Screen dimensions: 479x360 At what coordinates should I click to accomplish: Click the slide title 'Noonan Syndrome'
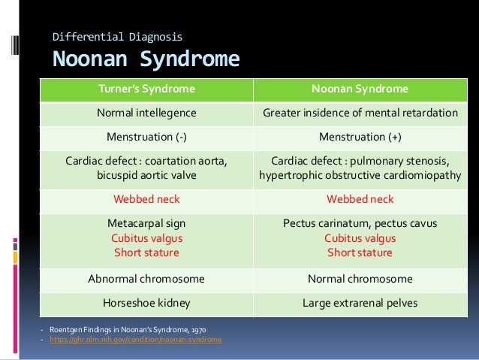click(145, 59)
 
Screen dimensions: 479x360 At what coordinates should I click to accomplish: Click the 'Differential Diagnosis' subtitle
click(116, 35)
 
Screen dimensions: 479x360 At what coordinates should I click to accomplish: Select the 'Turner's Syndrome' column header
click(146, 89)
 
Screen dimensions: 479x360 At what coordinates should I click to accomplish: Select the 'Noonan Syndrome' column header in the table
click(360, 89)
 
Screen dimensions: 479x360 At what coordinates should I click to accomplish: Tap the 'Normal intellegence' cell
click(146, 113)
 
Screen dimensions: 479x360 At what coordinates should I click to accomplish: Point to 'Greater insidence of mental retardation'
click(360, 113)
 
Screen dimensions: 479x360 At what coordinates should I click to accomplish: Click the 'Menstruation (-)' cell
click(146, 138)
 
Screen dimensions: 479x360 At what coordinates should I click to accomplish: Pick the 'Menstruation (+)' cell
click(360, 138)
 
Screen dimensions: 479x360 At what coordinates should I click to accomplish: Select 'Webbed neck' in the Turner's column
click(146, 199)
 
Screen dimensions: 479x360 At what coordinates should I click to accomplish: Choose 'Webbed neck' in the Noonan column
click(360, 199)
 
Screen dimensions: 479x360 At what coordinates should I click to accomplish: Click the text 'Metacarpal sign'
click(146, 223)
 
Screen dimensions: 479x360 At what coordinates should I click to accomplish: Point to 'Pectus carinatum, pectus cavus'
click(360, 223)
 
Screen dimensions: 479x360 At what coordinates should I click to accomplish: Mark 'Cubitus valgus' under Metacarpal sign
click(146, 237)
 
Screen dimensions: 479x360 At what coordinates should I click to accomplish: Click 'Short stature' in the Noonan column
click(360, 253)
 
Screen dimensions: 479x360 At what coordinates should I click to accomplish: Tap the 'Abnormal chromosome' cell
click(146, 279)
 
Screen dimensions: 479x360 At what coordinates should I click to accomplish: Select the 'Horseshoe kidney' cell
click(146, 304)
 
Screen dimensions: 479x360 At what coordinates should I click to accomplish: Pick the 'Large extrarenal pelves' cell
click(360, 304)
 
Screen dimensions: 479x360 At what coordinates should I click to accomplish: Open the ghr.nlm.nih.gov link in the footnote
click(135, 340)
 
